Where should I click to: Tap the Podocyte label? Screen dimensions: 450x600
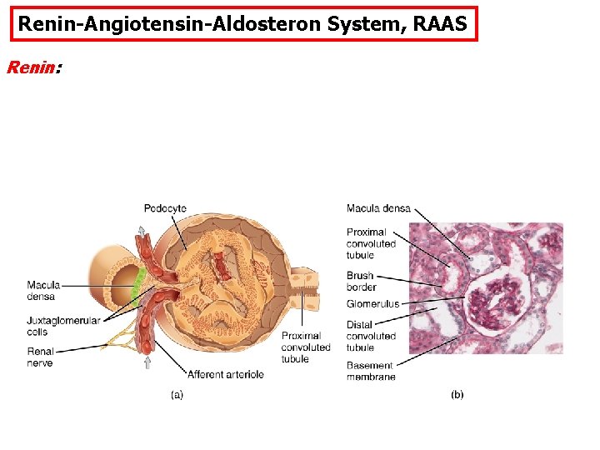[165, 208]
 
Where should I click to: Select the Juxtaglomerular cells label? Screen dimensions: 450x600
[63, 327]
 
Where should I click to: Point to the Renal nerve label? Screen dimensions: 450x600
[41, 357]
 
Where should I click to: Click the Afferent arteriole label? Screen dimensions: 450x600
[226, 374]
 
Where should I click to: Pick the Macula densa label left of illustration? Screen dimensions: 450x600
[41, 291]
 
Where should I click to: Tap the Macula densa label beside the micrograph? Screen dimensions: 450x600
[378, 208]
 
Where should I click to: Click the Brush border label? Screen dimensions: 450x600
[362, 282]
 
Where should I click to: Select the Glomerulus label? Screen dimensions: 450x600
[372, 304]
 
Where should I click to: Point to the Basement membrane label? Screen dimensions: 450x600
[371, 372]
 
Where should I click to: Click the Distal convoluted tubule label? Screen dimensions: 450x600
[371, 336]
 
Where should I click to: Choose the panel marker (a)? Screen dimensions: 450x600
[177, 394]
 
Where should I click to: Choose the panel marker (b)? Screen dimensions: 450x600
[457, 394]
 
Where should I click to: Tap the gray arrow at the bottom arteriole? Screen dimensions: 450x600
[147, 362]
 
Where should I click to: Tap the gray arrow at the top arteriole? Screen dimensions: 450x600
[142, 231]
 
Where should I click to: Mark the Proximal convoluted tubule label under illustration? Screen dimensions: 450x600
[306, 347]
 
